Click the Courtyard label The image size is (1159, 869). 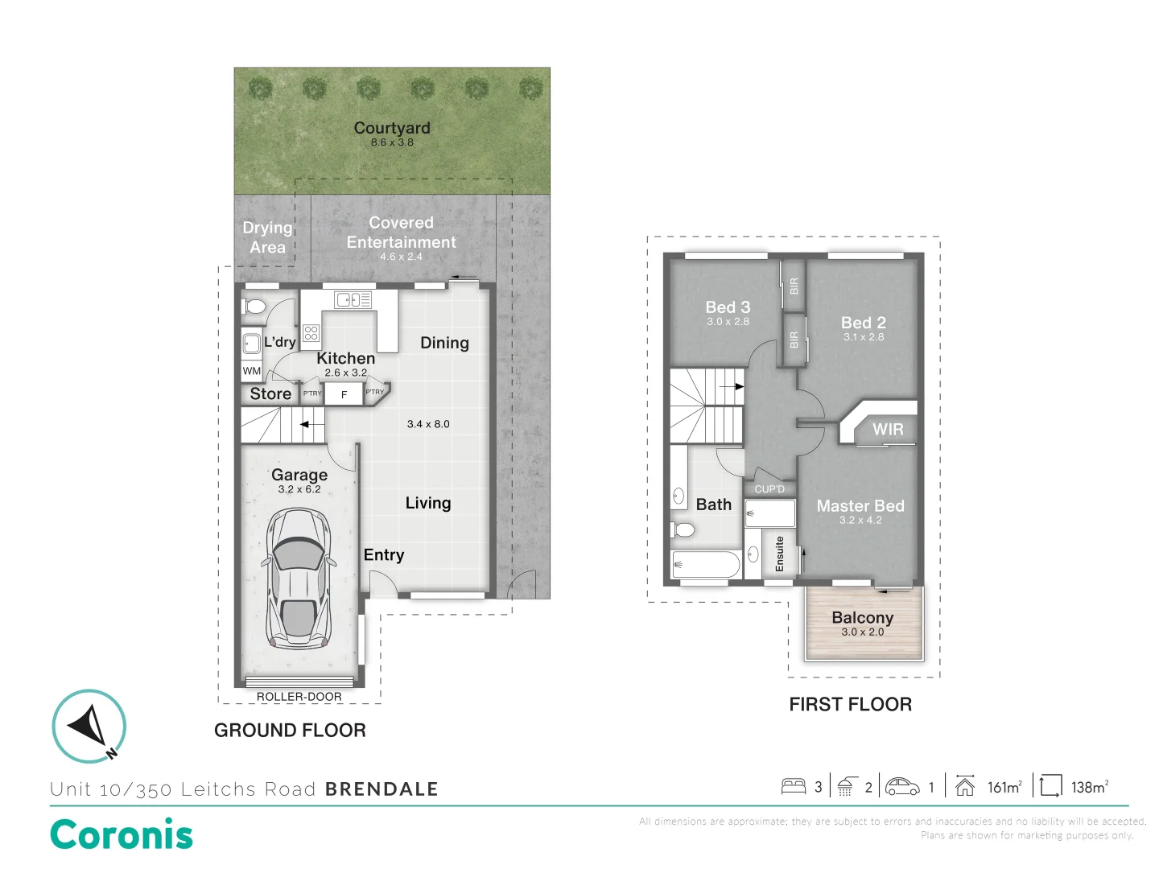click(x=392, y=128)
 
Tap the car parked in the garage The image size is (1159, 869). click(x=298, y=579)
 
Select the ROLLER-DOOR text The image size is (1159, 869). click(x=299, y=697)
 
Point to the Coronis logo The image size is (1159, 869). click(x=122, y=834)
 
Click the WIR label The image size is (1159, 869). click(x=888, y=430)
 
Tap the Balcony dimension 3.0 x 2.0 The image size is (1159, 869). click(x=862, y=632)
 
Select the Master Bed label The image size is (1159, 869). click(x=860, y=506)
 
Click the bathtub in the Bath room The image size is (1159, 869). click(x=706, y=564)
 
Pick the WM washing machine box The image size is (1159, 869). click(x=251, y=371)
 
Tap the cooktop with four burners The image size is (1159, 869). click(x=311, y=332)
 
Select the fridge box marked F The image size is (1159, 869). click(x=344, y=394)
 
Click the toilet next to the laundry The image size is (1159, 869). click(x=254, y=307)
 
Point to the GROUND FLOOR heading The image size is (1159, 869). click(x=290, y=731)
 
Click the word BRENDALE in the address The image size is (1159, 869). click(x=382, y=789)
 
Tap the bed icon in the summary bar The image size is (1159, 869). click(x=794, y=786)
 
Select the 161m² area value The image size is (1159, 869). click(x=1004, y=787)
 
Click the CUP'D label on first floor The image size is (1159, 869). click(x=769, y=489)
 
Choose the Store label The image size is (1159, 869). click(x=270, y=393)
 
